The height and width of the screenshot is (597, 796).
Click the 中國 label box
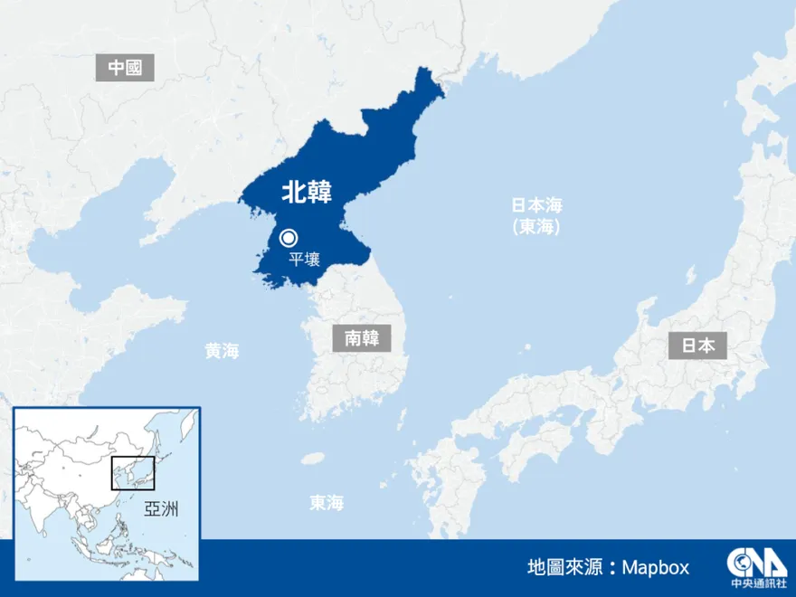click(125, 68)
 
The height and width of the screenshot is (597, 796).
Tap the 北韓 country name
click(307, 192)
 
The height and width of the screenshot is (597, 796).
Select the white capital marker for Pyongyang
click(289, 238)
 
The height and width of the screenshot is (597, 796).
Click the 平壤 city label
click(304, 260)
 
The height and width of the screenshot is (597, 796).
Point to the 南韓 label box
click(361, 338)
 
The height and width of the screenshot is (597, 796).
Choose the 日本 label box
click(697, 345)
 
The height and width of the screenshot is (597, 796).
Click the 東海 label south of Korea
click(326, 503)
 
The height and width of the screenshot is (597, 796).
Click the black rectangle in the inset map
click(133, 473)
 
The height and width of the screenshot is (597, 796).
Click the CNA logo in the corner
click(750, 561)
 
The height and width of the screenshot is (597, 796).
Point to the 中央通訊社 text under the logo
click(750, 583)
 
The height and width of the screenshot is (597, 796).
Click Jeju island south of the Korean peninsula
click(313, 459)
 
